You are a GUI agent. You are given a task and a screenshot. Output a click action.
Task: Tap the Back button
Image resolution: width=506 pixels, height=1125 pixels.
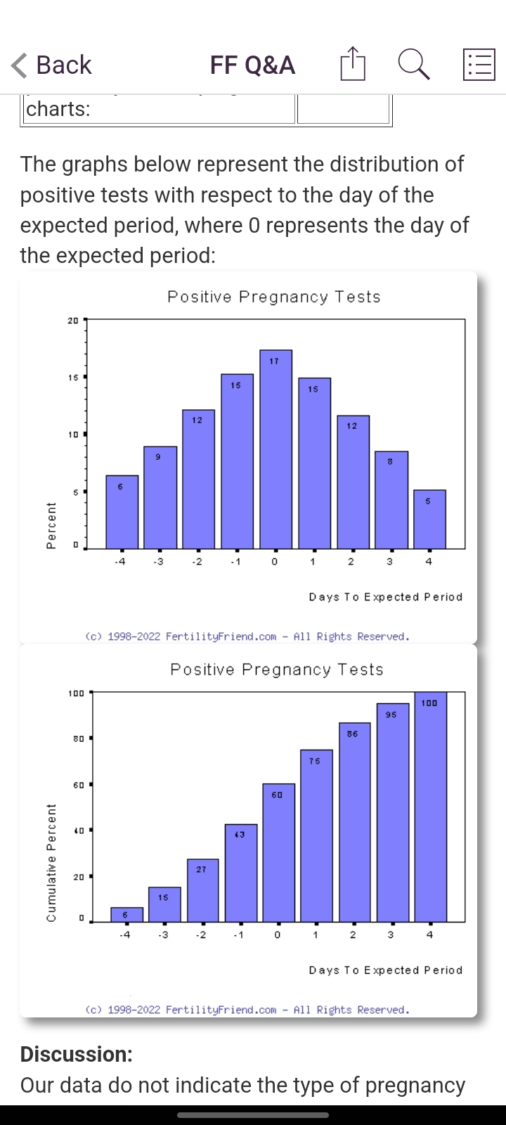pos(51,65)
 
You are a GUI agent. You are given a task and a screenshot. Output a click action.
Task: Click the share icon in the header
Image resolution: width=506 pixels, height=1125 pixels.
pos(353,65)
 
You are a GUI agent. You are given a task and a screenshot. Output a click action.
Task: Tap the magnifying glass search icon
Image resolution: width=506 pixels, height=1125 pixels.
pos(413,65)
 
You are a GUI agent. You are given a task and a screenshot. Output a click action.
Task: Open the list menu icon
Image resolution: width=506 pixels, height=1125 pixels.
pos(479,65)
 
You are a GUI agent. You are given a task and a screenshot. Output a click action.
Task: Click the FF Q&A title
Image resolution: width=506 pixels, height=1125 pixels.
pos(252,65)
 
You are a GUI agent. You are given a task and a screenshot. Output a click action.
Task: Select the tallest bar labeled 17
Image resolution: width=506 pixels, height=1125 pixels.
pos(275,450)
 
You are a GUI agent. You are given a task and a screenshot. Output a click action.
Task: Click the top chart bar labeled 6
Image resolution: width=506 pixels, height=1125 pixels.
pos(122,512)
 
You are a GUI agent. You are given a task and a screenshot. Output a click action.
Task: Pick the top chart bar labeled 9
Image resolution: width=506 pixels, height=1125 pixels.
pos(160,497)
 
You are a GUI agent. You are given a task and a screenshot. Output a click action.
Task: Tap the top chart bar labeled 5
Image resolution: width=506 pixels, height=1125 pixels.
pos(429,519)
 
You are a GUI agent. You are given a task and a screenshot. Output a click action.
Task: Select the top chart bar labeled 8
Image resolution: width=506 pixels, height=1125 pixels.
pos(391,500)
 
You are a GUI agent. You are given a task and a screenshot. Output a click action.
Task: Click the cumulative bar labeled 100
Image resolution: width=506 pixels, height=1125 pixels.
pos(430,806)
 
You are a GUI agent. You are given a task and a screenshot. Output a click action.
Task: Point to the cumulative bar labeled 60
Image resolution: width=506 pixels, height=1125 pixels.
pos(278,852)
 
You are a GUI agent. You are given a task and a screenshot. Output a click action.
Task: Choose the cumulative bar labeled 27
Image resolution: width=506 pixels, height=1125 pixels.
pos(202,890)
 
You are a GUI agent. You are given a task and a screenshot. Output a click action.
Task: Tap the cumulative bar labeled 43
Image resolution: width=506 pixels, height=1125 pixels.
pos(240,873)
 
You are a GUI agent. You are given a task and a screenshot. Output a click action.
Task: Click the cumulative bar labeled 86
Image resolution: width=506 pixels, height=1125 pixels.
pos(354,822)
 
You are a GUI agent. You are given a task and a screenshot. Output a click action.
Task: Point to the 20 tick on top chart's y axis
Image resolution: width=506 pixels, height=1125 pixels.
pos(73,321)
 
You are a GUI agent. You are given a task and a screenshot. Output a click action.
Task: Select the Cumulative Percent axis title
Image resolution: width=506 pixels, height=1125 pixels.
pos(51,863)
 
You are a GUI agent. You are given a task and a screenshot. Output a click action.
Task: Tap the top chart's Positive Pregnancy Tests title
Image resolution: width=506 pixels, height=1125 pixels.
pos(274,297)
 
